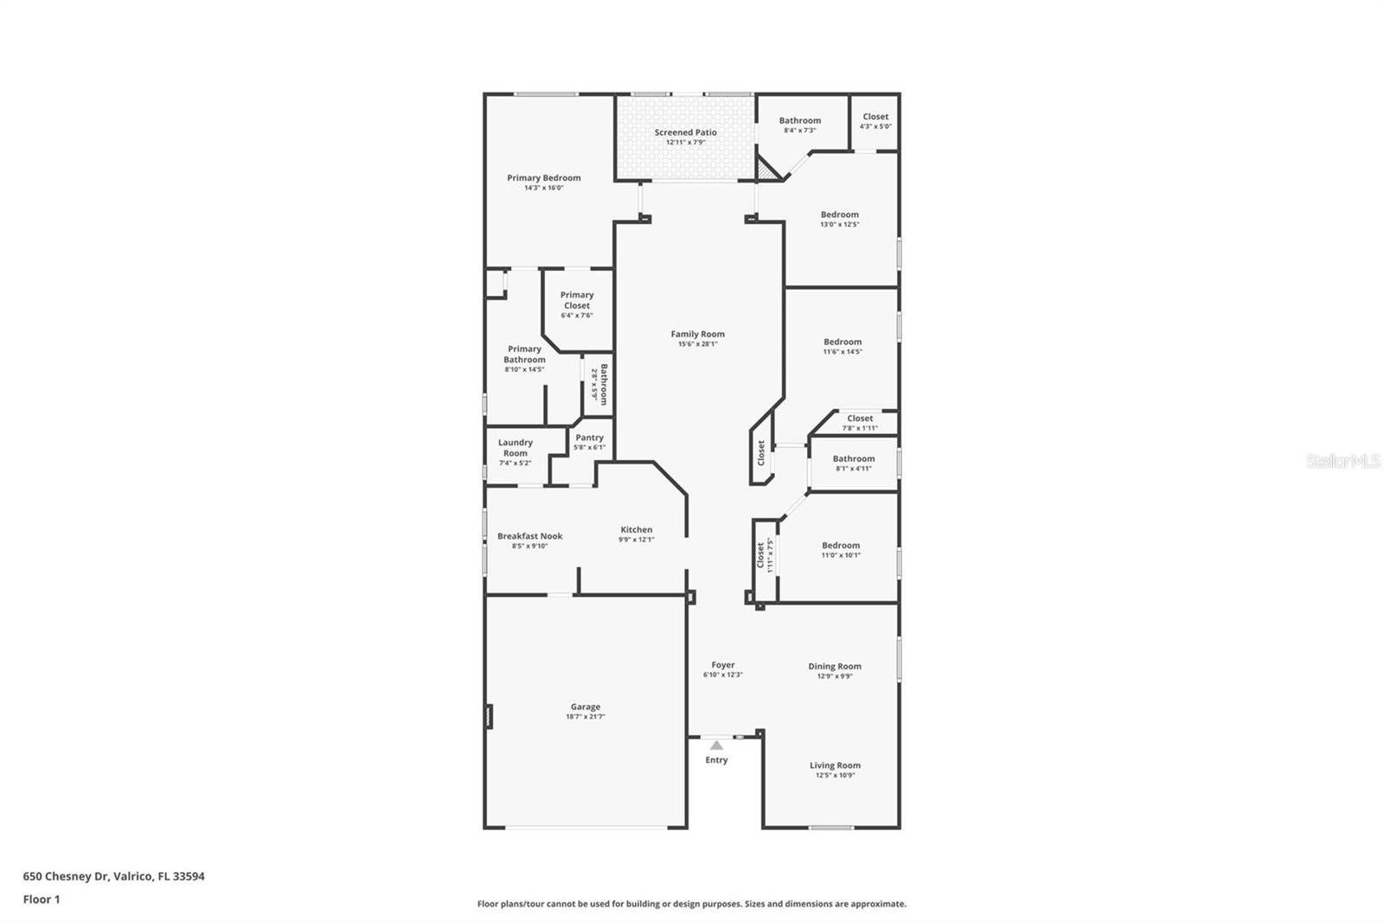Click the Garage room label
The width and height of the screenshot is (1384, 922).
click(x=585, y=707)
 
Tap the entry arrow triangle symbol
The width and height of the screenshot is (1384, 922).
click(x=716, y=745)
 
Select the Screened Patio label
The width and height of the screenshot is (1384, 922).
click(x=685, y=132)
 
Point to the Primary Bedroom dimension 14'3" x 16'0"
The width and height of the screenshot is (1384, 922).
click(x=543, y=188)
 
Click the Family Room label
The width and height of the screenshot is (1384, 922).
click(x=697, y=334)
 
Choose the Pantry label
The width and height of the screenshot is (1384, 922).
click(x=589, y=438)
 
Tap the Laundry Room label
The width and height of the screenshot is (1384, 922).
click(x=515, y=447)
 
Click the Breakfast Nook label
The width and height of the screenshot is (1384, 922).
click(x=529, y=536)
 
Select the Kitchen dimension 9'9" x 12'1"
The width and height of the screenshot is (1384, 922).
click(x=636, y=540)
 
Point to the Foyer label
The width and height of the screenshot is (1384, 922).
click(x=722, y=665)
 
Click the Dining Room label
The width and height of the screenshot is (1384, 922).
click(x=835, y=666)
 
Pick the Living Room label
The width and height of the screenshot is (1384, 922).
click(x=835, y=765)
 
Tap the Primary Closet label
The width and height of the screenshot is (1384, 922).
click(x=577, y=300)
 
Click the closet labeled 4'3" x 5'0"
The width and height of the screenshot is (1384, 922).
click(x=875, y=121)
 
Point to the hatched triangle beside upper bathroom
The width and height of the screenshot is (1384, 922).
click(x=766, y=170)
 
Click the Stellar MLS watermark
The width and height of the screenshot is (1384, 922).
click(x=1342, y=461)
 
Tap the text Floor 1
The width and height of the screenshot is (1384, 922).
click(x=42, y=900)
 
